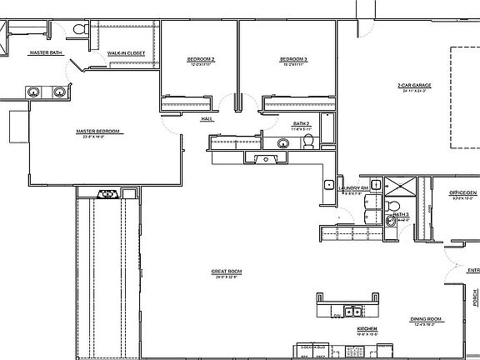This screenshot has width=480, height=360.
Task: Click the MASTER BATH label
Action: click(46, 52)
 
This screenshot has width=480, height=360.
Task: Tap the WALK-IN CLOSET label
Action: click(126, 52)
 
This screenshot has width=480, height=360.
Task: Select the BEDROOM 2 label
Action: click(201, 58)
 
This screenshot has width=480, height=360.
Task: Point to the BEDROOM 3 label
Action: click(293, 58)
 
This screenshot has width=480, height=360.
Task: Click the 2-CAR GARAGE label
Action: click(414, 85)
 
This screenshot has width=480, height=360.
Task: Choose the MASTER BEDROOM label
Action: click(98, 131)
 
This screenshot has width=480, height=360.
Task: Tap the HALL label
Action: click(207, 118)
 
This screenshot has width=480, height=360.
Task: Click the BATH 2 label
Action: click(301, 124)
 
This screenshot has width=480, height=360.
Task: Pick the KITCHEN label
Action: click(367, 329)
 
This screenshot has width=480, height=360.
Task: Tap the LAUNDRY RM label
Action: click(353, 188)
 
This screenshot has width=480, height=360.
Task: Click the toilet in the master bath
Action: click(80, 29)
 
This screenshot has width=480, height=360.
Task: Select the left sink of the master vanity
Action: click(35, 91)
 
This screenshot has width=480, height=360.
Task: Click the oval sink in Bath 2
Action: click(283, 143)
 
